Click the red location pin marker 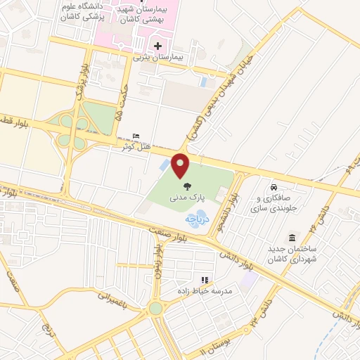[181, 164]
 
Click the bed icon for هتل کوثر [136, 136]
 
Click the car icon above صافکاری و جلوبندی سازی [273, 188]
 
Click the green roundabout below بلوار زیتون [155, 308]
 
